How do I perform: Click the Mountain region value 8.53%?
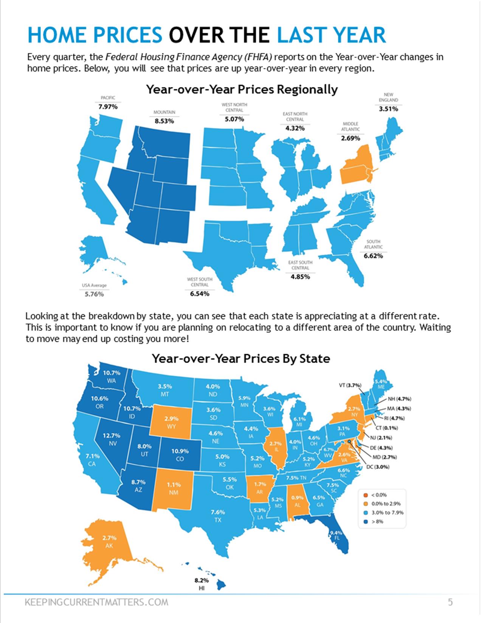(164, 121)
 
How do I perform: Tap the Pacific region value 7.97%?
(108, 107)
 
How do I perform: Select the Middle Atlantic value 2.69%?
(350, 138)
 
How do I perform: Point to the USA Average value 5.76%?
(94, 294)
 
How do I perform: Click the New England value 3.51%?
(388, 109)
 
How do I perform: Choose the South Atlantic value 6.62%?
(373, 256)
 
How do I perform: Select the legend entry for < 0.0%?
(378, 495)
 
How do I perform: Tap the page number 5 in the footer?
(450, 602)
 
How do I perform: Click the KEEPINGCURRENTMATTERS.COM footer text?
(96, 602)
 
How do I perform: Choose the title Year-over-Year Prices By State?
(241, 358)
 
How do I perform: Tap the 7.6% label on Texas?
(218, 512)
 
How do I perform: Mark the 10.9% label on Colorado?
(180, 451)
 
